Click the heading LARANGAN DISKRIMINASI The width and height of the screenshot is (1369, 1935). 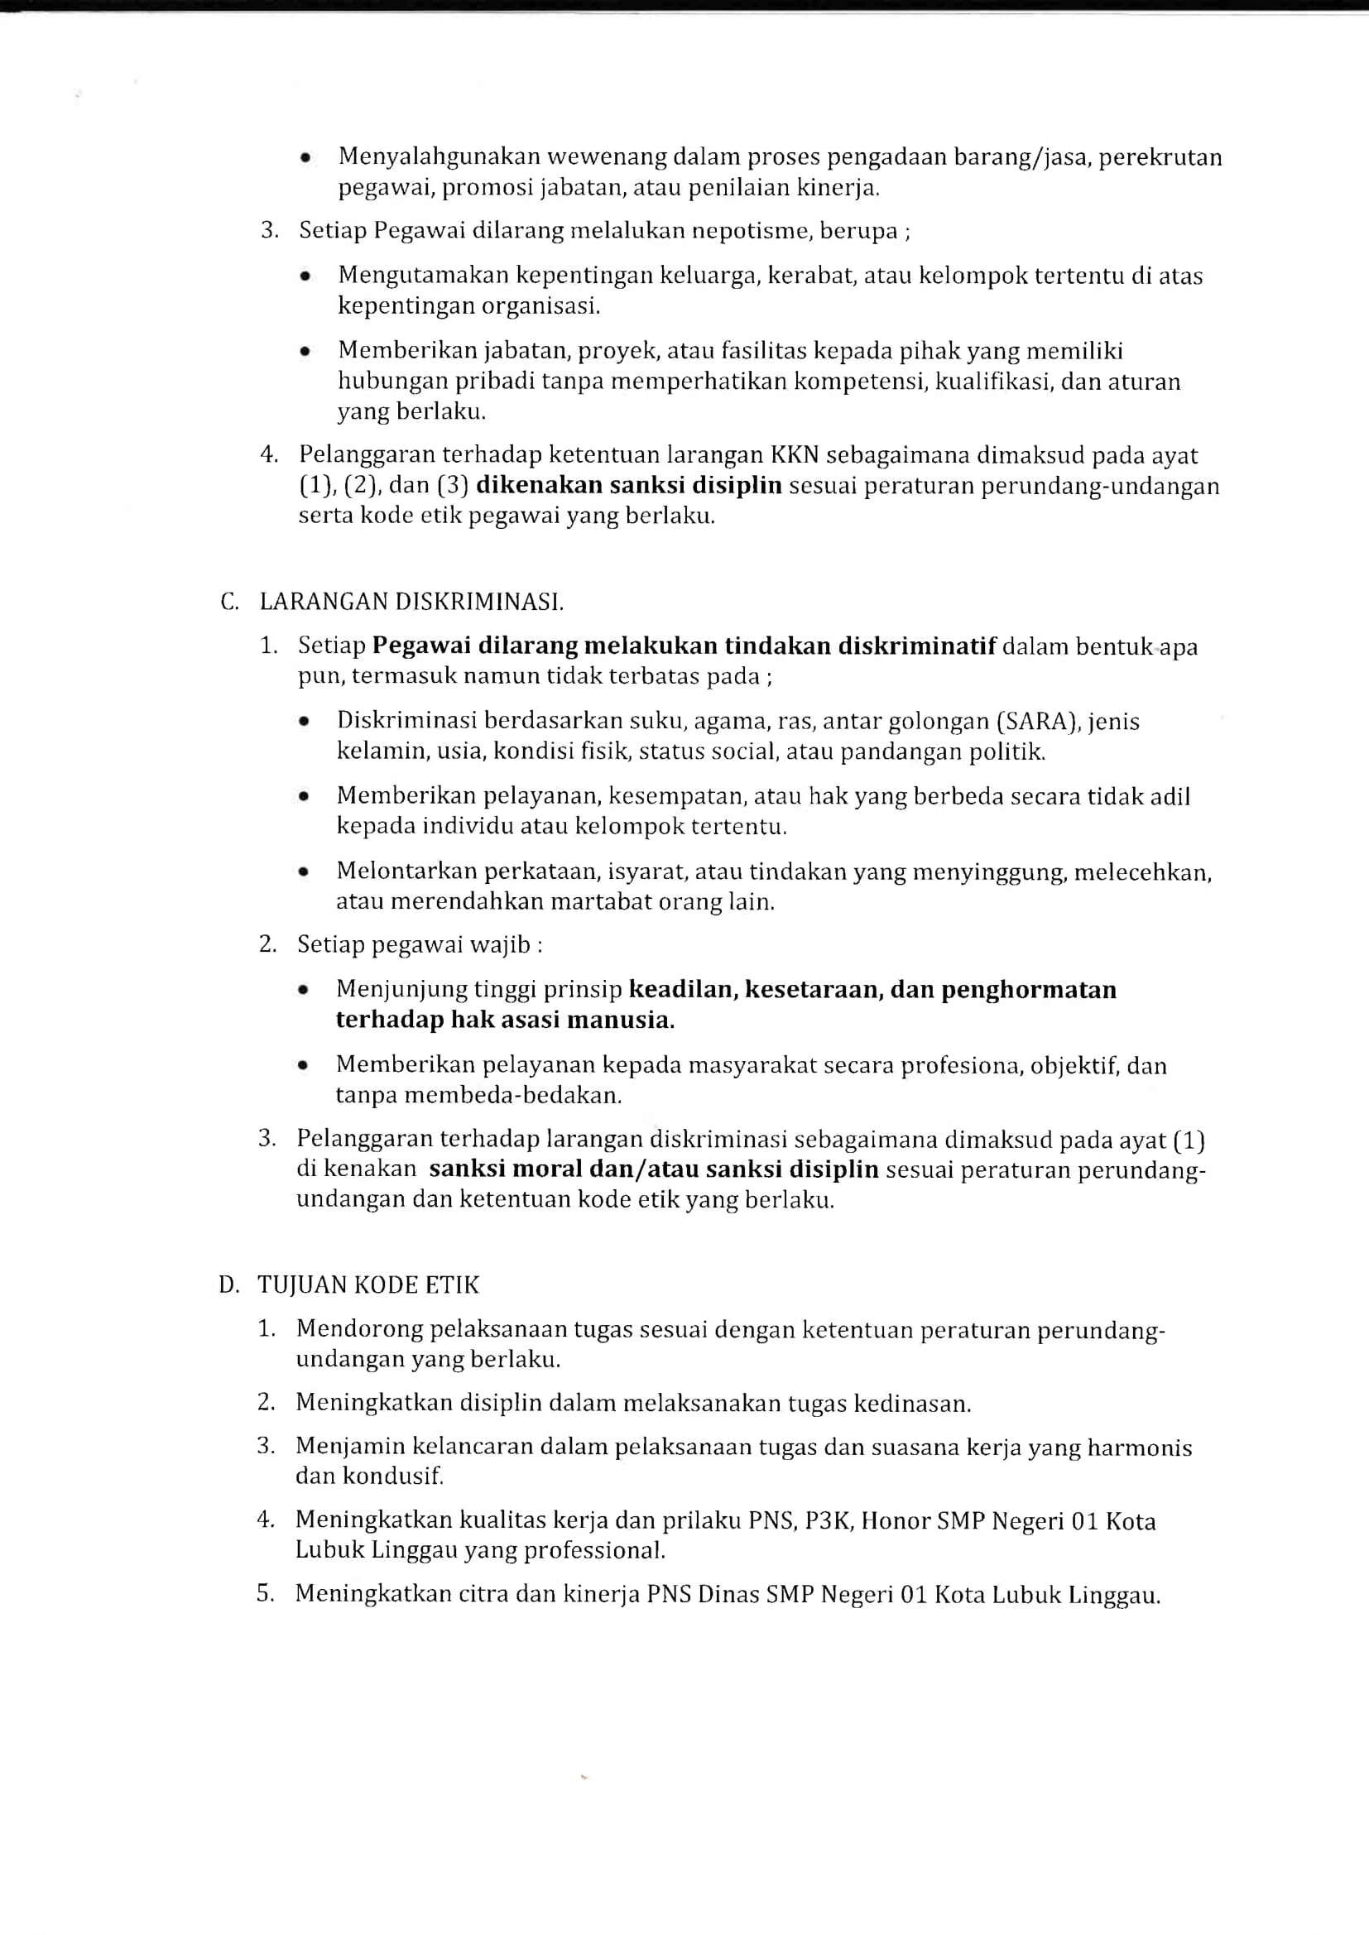point(411,602)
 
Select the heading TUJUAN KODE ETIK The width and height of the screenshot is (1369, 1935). point(367,1285)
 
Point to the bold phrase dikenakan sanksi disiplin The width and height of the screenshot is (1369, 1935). point(629,487)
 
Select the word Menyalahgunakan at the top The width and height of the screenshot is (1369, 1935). point(440,156)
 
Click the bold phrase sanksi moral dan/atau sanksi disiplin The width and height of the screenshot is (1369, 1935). point(653,1169)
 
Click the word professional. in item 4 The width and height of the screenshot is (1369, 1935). point(594,1550)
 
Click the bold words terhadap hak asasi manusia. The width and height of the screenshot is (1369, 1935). point(505,1020)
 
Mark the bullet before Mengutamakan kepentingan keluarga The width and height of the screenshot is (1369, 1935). point(306,276)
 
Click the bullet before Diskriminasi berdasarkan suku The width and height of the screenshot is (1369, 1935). point(305,723)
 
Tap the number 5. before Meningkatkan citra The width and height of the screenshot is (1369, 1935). point(266,1594)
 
